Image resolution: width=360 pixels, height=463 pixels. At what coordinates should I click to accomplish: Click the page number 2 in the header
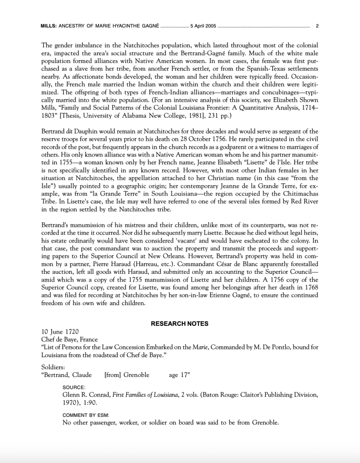click(317, 26)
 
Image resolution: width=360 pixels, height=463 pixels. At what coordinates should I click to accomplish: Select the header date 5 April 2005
click(204, 26)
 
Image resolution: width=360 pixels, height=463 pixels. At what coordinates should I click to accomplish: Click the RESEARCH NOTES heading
click(180, 324)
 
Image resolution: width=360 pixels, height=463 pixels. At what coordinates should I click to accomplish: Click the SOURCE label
click(74, 387)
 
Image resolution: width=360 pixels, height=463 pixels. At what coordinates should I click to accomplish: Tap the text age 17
click(180, 375)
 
